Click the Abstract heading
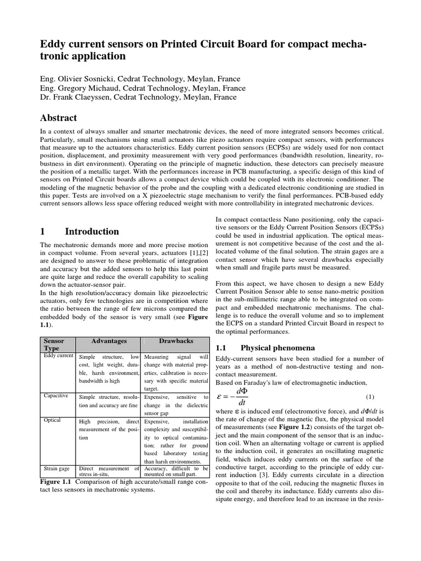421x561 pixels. coord(59,118)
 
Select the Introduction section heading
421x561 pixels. coord(92,231)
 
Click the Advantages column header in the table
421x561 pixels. coord(109,341)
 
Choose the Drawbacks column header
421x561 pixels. coord(175,341)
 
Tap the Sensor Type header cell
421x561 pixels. coord(54,345)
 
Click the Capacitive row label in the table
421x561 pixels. coord(56,396)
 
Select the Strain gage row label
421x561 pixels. coord(56,468)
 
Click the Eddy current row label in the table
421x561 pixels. coord(58,356)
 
